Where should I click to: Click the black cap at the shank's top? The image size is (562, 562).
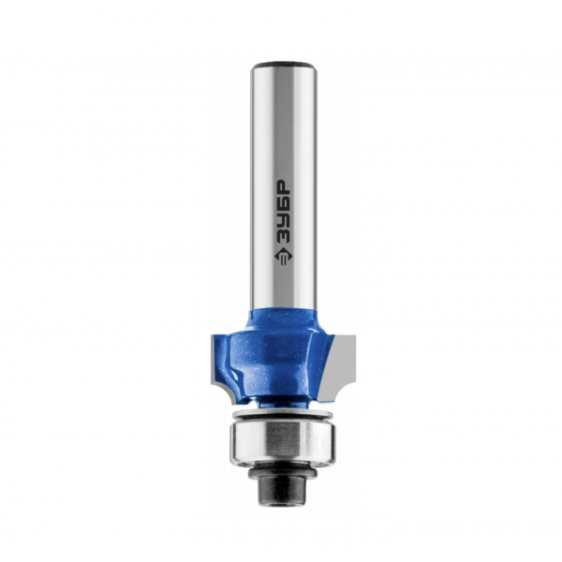click(284, 67)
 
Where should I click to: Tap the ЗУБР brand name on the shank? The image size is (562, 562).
click(283, 211)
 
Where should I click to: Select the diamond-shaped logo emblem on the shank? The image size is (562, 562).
click(283, 255)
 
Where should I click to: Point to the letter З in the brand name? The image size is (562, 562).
click(283, 234)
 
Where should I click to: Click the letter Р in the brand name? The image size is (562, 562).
click(283, 186)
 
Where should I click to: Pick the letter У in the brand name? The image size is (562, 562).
click(283, 218)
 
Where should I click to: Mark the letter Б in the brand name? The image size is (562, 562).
click(283, 202)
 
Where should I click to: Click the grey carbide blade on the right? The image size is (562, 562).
click(342, 365)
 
